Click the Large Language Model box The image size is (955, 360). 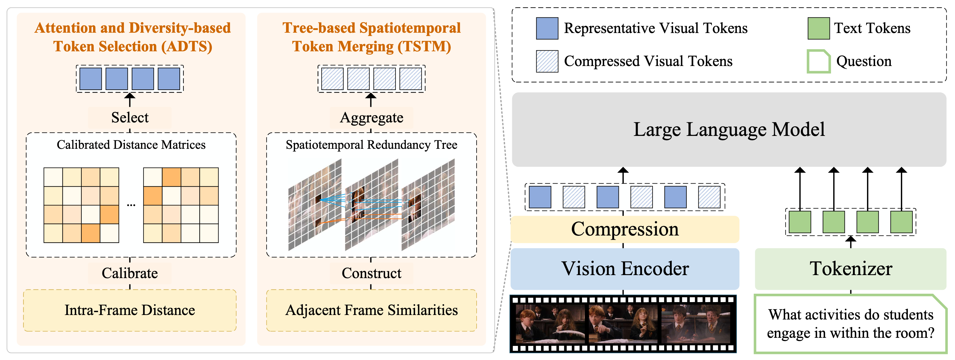click(x=729, y=129)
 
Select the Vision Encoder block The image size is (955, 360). click(x=625, y=269)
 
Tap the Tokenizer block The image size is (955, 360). click(x=851, y=269)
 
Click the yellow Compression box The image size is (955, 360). click(x=625, y=229)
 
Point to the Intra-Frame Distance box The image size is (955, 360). click(x=130, y=310)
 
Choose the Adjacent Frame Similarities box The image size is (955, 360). click(x=372, y=310)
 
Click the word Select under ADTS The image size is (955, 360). click(x=130, y=118)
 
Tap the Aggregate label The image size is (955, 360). click(x=372, y=118)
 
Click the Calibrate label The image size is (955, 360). click(x=130, y=273)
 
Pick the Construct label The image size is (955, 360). click(x=372, y=273)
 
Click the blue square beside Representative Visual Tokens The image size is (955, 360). click(x=547, y=28)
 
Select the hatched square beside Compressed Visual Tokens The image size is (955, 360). click(x=547, y=61)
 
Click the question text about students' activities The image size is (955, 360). click(x=851, y=324)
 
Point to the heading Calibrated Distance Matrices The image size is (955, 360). click(x=131, y=145)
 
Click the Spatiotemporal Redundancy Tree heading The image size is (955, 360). click(x=372, y=145)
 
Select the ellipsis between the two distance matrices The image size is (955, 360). click(x=131, y=205)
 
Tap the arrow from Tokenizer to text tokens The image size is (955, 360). click(x=851, y=242)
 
